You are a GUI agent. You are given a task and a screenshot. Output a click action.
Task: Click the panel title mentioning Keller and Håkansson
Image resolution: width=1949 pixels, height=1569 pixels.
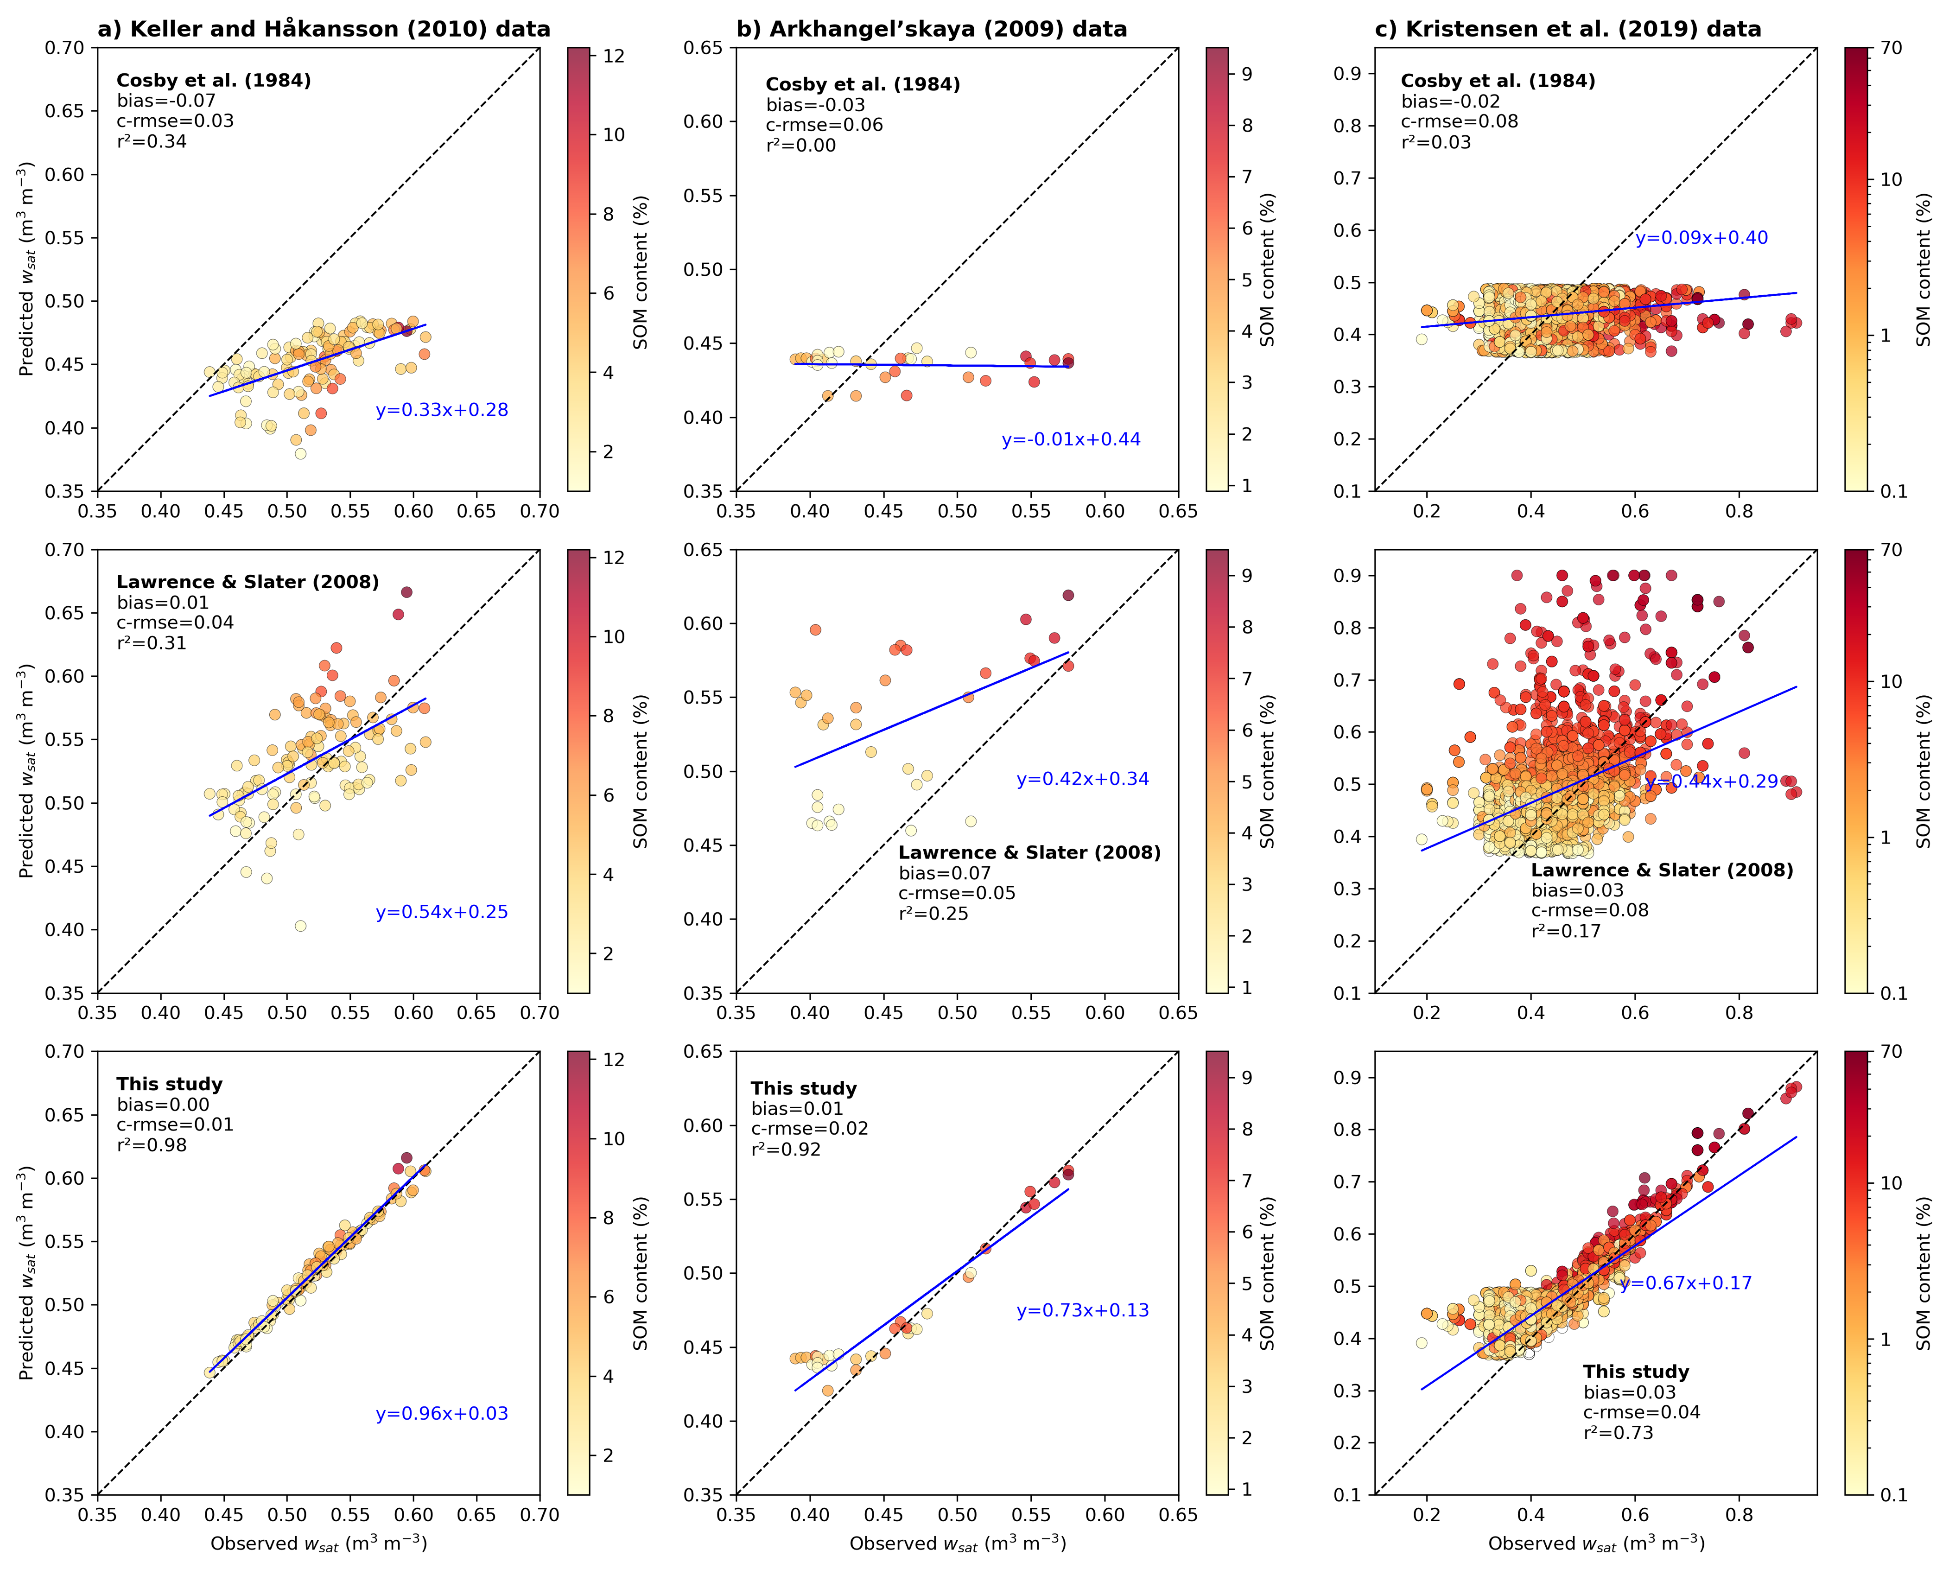[324, 29]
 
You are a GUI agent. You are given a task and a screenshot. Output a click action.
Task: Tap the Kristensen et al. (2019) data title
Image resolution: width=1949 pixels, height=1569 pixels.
[1568, 29]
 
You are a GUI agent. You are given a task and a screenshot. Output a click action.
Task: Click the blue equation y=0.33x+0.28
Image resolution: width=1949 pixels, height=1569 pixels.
[442, 410]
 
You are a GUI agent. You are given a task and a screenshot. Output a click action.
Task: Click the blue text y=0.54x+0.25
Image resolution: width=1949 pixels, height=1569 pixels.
[442, 912]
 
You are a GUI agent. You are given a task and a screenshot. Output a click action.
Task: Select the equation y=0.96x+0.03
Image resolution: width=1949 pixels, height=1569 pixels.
[442, 1414]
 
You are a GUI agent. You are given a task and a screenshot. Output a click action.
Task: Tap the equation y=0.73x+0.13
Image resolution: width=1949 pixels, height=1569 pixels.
[1082, 1310]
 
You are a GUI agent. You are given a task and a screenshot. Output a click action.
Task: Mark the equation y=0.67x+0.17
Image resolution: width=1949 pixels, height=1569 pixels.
[1685, 1283]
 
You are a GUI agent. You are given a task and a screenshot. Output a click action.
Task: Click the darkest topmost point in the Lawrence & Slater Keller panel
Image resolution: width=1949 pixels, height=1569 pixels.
[407, 592]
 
